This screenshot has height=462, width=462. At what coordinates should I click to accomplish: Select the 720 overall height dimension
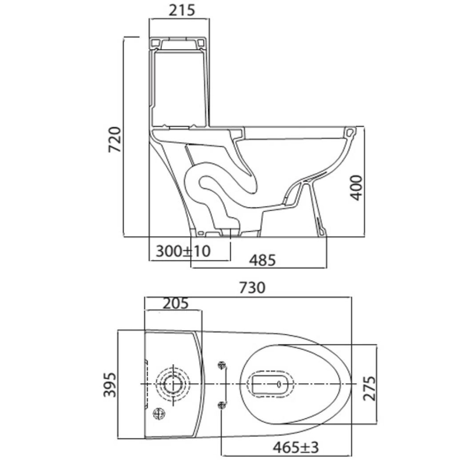click(x=115, y=139)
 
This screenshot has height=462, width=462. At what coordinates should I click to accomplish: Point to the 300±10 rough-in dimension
click(x=183, y=251)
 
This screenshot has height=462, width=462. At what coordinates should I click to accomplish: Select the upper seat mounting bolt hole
click(x=222, y=365)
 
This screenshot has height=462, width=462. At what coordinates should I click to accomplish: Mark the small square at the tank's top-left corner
click(x=155, y=42)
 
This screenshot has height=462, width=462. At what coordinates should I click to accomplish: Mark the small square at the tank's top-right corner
click(x=201, y=42)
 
